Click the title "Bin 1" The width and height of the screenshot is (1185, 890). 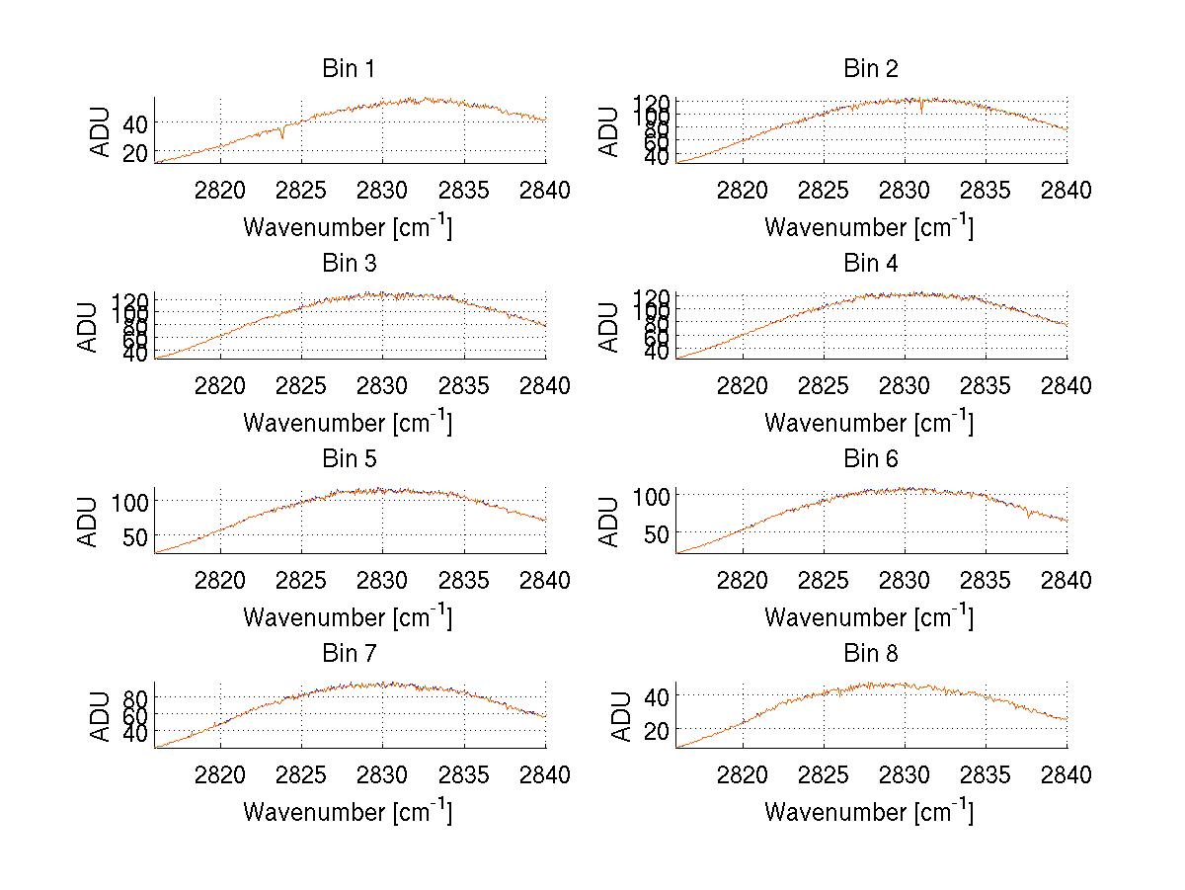pyautogui.click(x=349, y=69)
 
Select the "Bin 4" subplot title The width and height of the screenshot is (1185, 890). pyautogui.click(x=870, y=264)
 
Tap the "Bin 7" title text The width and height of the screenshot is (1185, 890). pyautogui.click(x=349, y=654)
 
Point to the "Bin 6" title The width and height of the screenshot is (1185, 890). pyautogui.click(x=870, y=459)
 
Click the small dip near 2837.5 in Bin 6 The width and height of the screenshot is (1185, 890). pyautogui.click(x=1028, y=515)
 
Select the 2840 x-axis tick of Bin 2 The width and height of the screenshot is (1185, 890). pyautogui.click(x=1066, y=191)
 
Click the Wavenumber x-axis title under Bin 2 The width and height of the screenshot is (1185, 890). pyautogui.click(x=869, y=227)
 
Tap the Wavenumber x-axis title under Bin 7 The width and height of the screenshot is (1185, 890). pyautogui.click(x=348, y=812)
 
